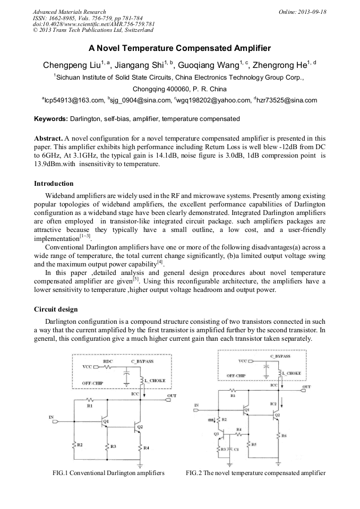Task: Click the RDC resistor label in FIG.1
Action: [x=108, y=361]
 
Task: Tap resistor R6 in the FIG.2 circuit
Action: [x=284, y=435]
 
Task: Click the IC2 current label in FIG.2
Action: [x=273, y=404]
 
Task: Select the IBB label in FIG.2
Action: [x=211, y=419]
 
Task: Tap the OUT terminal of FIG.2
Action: [x=306, y=387]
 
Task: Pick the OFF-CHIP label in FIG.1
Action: [x=93, y=383]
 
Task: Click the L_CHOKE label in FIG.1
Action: [x=155, y=381]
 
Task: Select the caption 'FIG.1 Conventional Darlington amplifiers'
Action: [x=108, y=472]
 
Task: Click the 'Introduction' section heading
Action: [x=54, y=183]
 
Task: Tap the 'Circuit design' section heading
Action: [x=56, y=309]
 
